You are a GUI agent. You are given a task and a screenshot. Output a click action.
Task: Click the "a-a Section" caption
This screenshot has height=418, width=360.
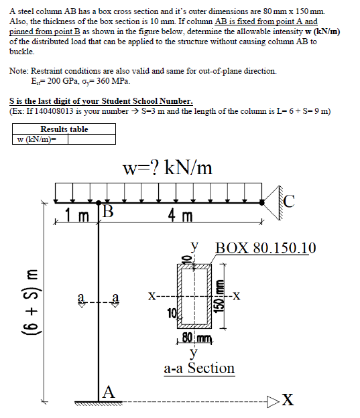(199, 368)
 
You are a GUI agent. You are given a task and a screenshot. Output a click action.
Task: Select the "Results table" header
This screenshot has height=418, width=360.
(64, 129)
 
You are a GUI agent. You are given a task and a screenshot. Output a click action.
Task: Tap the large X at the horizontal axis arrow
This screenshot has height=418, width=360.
(287, 400)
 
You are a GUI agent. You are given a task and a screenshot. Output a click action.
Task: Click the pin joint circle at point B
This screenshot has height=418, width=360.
(99, 201)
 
